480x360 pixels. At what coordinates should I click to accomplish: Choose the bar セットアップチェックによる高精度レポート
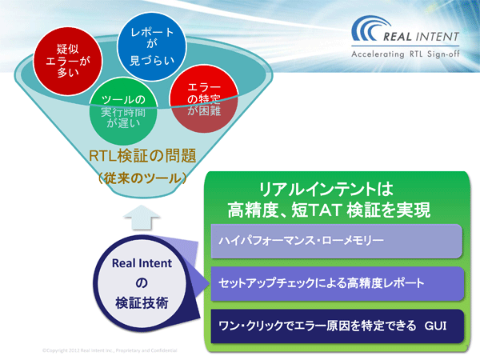336,284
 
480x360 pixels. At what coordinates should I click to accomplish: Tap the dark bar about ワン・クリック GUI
336,326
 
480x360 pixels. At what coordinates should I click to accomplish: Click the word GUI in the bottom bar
438,326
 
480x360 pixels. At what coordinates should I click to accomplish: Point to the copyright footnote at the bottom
109,350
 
